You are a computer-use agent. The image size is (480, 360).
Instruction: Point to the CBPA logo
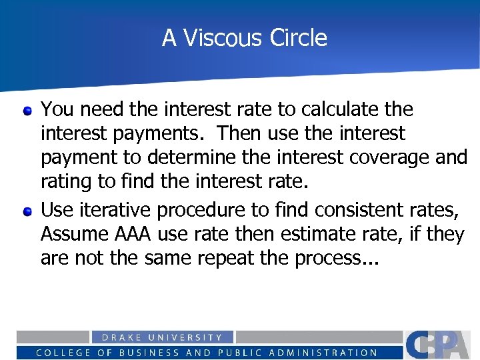pyautogui.click(x=441, y=345)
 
